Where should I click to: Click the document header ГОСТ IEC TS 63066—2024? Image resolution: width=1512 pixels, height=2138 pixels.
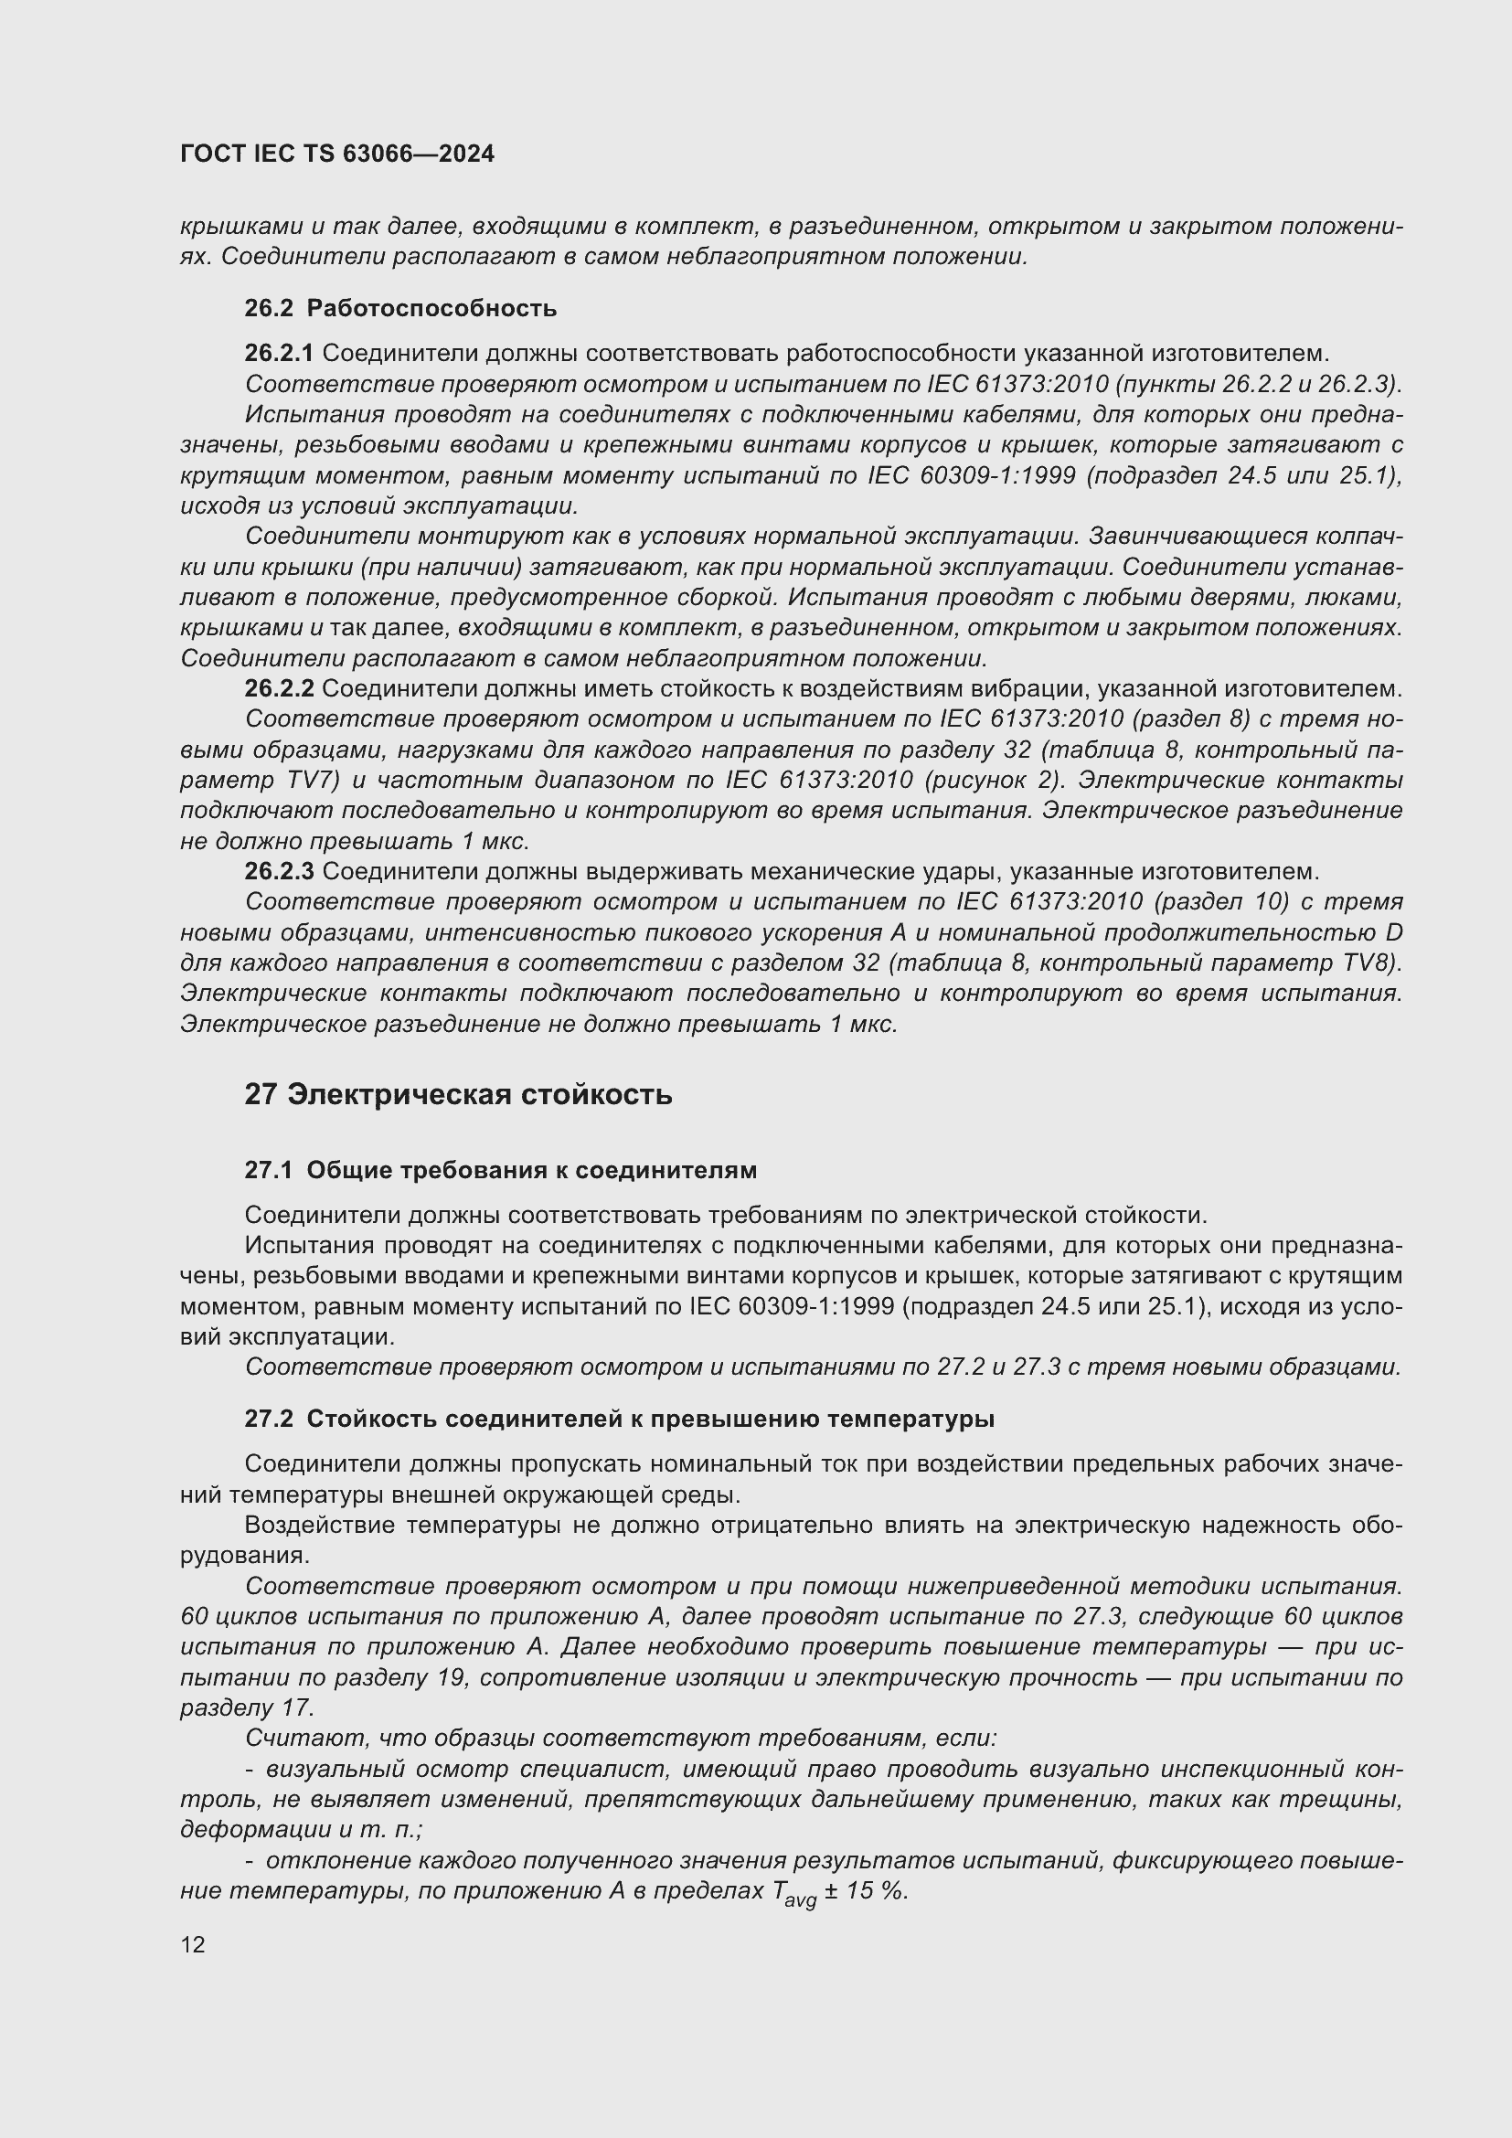coord(337,154)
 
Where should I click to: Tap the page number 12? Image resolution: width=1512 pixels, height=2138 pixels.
coord(193,1944)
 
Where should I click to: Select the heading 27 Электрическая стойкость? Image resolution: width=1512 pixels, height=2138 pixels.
coord(458,1094)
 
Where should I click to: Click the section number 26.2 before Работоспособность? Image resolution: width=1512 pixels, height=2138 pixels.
coord(269,308)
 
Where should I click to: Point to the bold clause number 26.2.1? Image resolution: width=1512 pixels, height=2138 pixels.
coord(280,353)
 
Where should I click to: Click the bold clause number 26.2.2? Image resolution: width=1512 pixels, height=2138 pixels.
coord(280,689)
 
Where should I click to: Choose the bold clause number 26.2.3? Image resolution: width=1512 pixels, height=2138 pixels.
coord(280,872)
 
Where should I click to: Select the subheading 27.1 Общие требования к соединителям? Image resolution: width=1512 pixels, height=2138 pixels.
coord(500,1170)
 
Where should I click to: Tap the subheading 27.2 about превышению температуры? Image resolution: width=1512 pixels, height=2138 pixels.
coord(619,1419)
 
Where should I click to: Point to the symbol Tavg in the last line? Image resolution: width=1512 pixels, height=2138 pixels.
coord(794,1894)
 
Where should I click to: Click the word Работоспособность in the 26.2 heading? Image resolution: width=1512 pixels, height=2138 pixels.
coord(431,308)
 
